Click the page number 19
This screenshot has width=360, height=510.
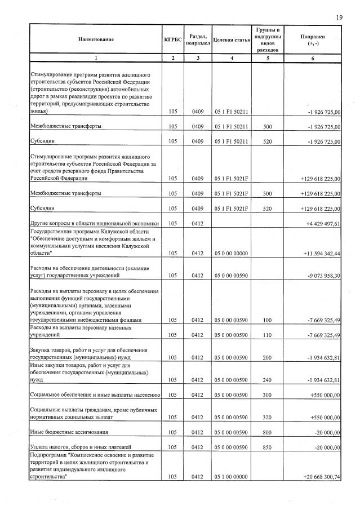(x=339, y=17)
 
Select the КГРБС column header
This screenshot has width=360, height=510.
(x=173, y=39)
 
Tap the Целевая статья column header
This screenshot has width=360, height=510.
(x=232, y=39)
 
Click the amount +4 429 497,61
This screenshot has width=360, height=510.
(x=322, y=224)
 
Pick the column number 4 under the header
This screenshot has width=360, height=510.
(x=232, y=58)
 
